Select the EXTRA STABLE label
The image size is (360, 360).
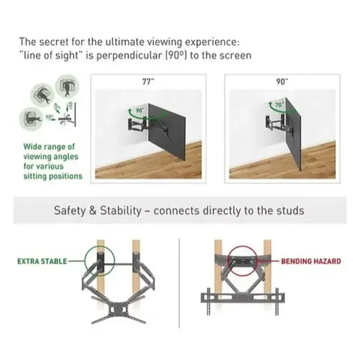point(41,262)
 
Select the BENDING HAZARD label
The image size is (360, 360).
point(310,261)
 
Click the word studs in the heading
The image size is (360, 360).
point(289,211)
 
